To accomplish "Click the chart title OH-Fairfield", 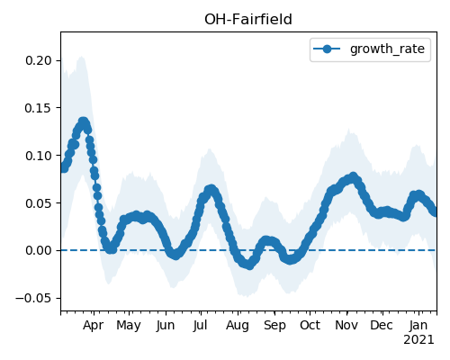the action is click(x=248, y=20).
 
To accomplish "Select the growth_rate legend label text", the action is click(x=387, y=49).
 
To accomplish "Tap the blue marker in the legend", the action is click(x=327, y=49).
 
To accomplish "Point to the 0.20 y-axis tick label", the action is click(x=39, y=60).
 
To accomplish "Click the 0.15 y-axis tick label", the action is click(x=39, y=108).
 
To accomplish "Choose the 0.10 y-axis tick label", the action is click(x=39, y=156).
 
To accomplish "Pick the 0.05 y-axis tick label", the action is click(x=39, y=203).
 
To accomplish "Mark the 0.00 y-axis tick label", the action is click(x=39, y=250).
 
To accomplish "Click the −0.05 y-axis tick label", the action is click(x=33, y=298).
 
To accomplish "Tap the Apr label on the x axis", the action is click(x=94, y=326).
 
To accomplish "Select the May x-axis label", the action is click(x=129, y=326).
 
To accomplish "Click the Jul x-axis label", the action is click(x=200, y=326).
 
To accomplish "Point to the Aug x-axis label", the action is click(x=238, y=326).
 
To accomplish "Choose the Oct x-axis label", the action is click(x=310, y=326).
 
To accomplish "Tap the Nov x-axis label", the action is click(x=346, y=326).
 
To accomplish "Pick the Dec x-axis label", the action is click(x=382, y=326).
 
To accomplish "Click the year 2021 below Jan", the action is click(x=418, y=340).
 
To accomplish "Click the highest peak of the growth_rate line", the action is click(x=84, y=121).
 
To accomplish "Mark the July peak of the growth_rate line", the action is click(x=211, y=189).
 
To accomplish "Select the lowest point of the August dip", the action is click(x=249, y=265).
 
